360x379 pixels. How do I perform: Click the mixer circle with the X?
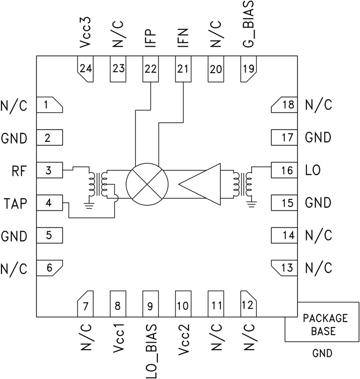click(147, 184)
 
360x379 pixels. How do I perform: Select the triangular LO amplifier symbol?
click(201, 184)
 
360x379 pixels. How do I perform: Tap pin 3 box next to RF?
click(50, 170)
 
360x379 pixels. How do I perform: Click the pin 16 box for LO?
click(284, 170)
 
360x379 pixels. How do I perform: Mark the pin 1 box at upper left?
click(49, 105)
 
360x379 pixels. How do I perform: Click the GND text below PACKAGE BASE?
click(323, 353)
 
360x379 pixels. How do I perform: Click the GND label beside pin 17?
click(318, 137)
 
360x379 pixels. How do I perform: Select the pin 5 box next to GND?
click(50, 235)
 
